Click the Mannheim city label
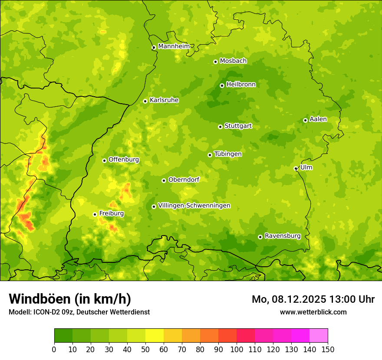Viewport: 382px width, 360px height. click(174, 46)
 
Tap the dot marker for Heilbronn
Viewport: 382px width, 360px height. click(222, 85)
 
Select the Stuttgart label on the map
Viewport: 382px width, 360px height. click(238, 126)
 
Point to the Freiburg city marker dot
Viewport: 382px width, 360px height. click(95, 214)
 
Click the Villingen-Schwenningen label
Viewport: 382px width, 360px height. click(194, 206)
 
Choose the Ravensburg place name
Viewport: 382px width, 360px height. click(282, 236)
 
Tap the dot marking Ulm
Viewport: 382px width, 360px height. click(296, 168)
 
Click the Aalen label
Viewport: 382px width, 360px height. click(318, 119)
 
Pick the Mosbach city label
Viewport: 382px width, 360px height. click(233, 61)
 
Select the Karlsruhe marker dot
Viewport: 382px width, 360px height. click(145, 101)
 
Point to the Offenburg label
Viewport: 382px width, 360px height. click(124, 160)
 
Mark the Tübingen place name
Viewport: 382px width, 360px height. click(228, 154)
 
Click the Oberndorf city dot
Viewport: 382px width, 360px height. click(164, 180)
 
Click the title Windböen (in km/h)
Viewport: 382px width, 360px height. click(70, 299)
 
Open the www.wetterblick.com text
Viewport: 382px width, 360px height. click(313, 312)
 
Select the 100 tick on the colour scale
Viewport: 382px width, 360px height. click(237, 349)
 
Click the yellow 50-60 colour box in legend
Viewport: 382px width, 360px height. click(155, 336)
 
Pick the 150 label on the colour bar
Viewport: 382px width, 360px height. click(328, 349)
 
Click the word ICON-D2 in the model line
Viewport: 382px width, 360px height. click(45, 312)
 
